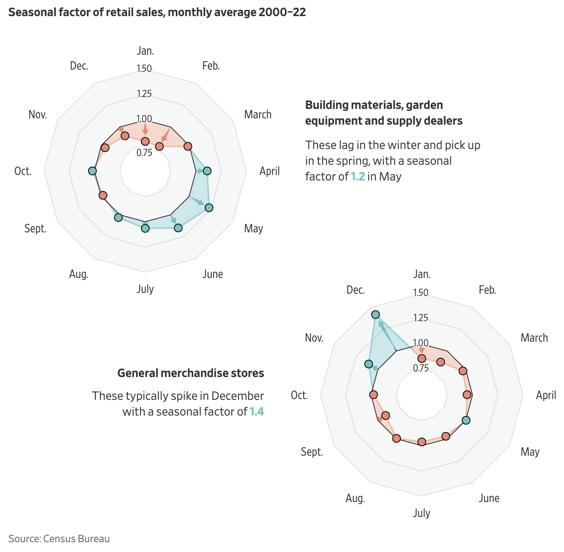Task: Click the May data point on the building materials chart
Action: click(x=209, y=208)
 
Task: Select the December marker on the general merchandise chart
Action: click(x=376, y=314)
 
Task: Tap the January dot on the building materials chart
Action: click(x=145, y=141)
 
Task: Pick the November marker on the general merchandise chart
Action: click(x=369, y=364)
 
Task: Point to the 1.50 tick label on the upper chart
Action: click(x=144, y=69)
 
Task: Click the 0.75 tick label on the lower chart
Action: click(x=420, y=368)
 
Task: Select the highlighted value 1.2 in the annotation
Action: click(x=358, y=177)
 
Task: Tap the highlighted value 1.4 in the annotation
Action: click(x=257, y=412)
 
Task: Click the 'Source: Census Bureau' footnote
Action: click(x=59, y=538)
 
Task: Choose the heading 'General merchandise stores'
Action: click(x=191, y=373)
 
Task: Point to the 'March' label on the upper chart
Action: click(x=258, y=114)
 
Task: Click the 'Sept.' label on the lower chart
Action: click(x=312, y=452)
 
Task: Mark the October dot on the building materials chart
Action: click(x=92, y=171)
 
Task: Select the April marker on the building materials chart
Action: click(x=207, y=171)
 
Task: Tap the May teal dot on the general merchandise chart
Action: click(x=466, y=420)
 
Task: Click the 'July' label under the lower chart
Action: click(x=422, y=513)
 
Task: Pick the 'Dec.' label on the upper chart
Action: click(x=79, y=66)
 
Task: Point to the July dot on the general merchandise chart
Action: click(x=422, y=442)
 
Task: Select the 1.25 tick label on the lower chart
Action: click(x=420, y=318)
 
